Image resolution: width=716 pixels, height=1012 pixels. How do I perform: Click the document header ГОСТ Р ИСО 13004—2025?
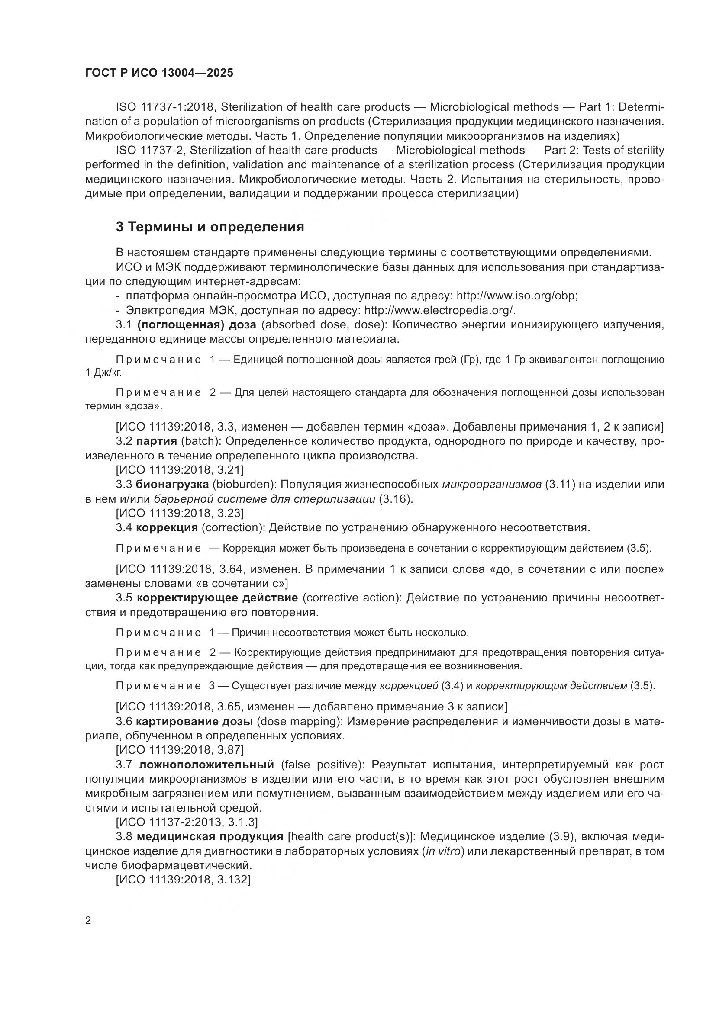tap(159, 73)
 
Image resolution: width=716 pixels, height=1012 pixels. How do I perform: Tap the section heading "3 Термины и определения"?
tap(210, 227)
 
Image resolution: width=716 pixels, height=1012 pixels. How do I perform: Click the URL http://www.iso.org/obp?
tap(516, 296)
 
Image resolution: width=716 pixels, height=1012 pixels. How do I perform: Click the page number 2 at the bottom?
tap(88, 921)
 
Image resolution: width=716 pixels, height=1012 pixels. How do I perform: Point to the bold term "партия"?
tap(156, 441)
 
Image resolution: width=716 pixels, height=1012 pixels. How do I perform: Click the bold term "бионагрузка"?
tap(172, 485)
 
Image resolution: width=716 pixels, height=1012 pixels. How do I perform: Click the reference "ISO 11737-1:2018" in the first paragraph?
tap(165, 107)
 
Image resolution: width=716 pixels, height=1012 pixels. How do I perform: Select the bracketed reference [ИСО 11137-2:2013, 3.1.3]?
tap(187, 822)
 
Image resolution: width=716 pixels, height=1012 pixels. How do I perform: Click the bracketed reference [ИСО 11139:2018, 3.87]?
tap(180, 750)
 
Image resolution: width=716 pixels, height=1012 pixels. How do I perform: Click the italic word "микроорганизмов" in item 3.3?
tap(492, 485)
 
